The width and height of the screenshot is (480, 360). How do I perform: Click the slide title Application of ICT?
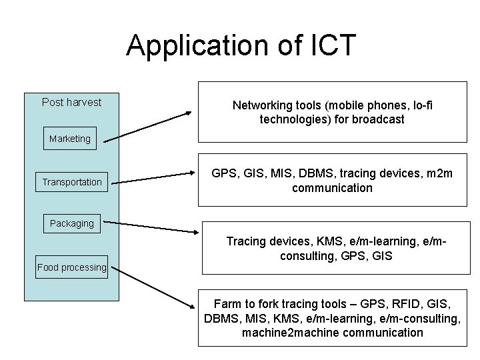(x=241, y=45)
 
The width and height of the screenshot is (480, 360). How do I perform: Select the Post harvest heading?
(x=71, y=102)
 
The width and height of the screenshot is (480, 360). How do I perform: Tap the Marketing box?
(x=69, y=139)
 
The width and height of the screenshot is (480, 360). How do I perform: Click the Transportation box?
(x=72, y=182)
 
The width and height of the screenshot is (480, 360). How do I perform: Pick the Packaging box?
(x=72, y=223)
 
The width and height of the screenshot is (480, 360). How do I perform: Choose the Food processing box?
(x=71, y=267)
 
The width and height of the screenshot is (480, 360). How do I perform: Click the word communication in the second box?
(x=332, y=187)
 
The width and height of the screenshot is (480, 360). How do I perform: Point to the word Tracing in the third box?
(x=247, y=241)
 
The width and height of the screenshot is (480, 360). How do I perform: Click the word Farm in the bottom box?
(x=227, y=304)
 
